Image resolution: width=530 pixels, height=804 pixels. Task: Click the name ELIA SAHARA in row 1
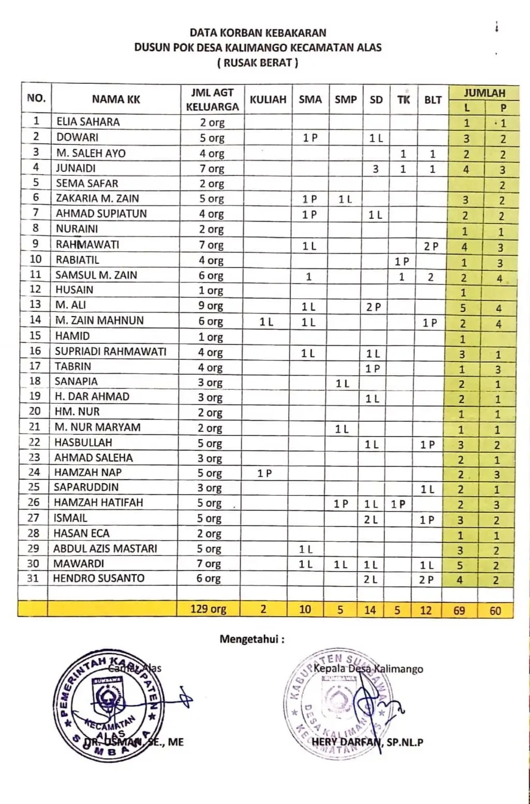click(x=87, y=122)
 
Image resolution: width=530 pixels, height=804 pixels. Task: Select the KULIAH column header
click(x=268, y=99)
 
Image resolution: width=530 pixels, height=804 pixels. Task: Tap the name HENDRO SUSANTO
click(x=99, y=578)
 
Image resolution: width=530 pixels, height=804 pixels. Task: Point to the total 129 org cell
click(x=208, y=609)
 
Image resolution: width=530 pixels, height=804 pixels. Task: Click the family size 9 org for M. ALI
click(x=211, y=306)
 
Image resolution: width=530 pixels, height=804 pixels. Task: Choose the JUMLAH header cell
click(x=484, y=93)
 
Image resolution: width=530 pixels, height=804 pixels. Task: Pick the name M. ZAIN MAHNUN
click(x=99, y=321)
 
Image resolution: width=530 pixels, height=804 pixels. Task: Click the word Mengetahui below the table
click(x=252, y=639)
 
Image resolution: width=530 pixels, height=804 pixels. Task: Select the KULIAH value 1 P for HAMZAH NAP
click(x=264, y=473)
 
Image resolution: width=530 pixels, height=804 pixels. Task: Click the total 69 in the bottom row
click(x=459, y=611)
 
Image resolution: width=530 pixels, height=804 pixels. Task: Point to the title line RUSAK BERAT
click(x=258, y=63)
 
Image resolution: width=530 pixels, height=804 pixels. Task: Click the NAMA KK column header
click(x=116, y=99)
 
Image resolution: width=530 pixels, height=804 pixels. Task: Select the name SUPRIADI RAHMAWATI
click(x=111, y=352)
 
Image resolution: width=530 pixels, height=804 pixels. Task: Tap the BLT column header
click(x=433, y=100)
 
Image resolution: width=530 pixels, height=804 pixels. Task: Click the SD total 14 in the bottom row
click(x=370, y=610)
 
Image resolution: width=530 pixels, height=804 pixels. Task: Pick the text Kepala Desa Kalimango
click(x=368, y=669)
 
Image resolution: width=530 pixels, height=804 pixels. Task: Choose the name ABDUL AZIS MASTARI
click(x=105, y=548)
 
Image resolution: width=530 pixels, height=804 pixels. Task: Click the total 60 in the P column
click(x=495, y=611)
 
